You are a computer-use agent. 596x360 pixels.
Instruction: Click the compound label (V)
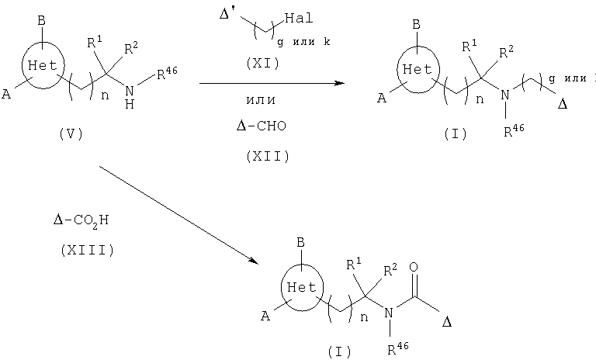(71, 133)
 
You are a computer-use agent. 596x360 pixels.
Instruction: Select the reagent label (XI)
(262, 63)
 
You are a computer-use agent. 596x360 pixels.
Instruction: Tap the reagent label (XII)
(268, 156)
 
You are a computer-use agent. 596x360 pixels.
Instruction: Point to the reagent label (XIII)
(87, 250)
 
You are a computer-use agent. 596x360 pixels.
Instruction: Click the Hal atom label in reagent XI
(299, 18)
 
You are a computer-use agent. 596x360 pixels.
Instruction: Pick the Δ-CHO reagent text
(261, 126)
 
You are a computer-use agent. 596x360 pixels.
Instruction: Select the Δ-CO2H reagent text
(81, 220)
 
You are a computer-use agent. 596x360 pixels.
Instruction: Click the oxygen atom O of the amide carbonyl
(414, 267)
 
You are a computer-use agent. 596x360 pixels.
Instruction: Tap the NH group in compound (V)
(130, 97)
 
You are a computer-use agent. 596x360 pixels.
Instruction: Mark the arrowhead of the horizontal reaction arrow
(339, 83)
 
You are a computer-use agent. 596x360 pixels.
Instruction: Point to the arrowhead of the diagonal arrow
(253, 261)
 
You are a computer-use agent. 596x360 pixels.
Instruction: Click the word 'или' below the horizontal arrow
(261, 100)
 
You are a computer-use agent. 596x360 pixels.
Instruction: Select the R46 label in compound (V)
(167, 74)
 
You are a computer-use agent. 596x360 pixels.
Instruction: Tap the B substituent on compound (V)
(41, 21)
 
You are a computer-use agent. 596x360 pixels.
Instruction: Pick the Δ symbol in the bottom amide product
(447, 322)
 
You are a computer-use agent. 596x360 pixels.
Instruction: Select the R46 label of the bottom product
(398, 348)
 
